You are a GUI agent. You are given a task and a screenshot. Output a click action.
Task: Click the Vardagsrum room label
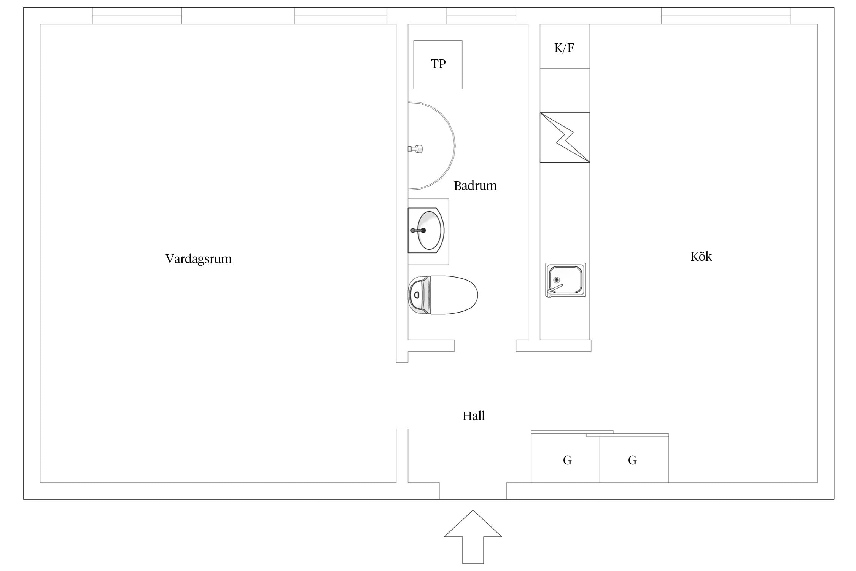point(198,259)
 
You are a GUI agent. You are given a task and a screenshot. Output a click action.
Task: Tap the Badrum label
point(475,186)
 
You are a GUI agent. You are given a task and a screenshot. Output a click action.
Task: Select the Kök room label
point(701,256)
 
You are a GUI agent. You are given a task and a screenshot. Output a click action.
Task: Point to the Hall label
point(473,416)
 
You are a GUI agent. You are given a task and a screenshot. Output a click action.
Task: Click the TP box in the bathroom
point(438,65)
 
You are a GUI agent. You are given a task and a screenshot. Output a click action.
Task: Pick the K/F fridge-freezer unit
point(565,46)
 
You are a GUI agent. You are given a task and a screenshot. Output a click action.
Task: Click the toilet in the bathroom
point(443,295)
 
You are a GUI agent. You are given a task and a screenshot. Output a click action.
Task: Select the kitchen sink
point(565,280)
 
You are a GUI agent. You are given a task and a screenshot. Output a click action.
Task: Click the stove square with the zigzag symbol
point(565,137)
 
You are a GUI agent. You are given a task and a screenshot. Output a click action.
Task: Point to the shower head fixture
point(415,149)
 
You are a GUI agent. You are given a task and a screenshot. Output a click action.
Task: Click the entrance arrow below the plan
point(473,537)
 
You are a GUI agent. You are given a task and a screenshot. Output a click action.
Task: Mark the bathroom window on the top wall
point(481,16)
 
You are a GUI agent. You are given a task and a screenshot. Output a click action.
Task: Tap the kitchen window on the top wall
point(726,16)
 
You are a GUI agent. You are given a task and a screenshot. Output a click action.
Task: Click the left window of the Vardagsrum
point(137,16)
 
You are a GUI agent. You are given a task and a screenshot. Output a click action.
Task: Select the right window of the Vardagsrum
point(341,16)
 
